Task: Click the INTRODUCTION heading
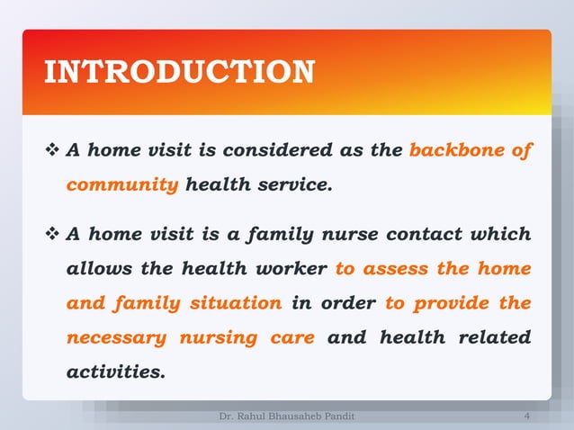(x=179, y=72)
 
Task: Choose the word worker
(x=290, y=269)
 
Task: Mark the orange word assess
(x=397, y=269)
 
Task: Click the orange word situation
(x=235, y=303)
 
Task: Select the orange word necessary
(x=116, y=337)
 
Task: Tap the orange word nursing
(x=216, y=337)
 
